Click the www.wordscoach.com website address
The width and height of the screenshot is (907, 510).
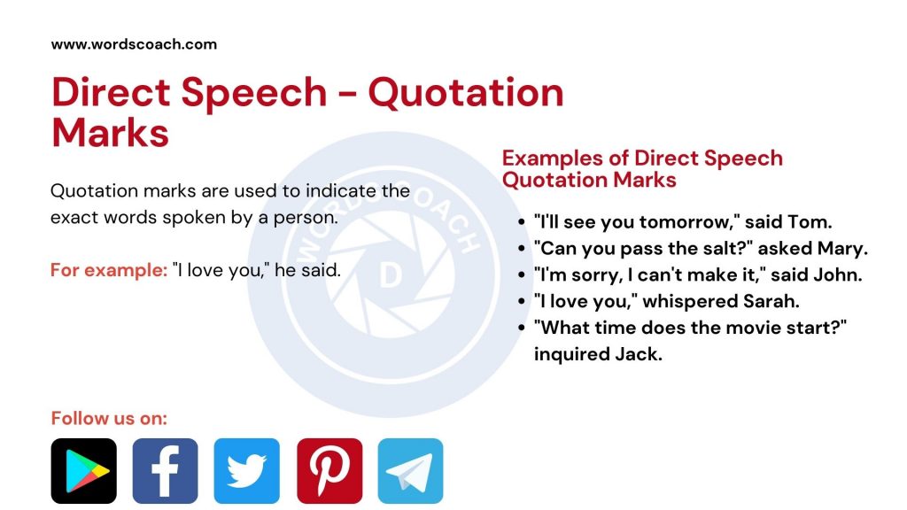coord(134,43)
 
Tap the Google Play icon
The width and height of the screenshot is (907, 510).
coord(83,471)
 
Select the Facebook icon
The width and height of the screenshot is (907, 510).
coord(165,471)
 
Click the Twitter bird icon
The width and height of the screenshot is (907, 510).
coord(246,471)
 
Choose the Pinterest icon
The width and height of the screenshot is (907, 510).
coord(329,471)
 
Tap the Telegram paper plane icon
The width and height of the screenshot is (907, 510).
coord(410,471)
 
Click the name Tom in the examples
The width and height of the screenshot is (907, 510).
coord(814,222)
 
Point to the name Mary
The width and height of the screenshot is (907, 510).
coord(842,249)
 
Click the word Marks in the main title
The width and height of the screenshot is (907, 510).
coord(110,133)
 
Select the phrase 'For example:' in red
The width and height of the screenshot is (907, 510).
coord(108,270)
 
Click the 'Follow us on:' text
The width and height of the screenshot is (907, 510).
coord(109,418)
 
